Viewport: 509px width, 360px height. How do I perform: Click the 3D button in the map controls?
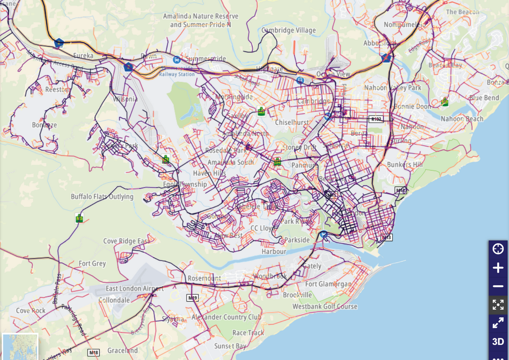498,341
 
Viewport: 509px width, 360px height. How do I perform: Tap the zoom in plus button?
498,268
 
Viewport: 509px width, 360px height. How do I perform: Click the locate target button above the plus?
498,249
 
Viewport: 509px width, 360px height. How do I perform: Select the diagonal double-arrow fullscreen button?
498,323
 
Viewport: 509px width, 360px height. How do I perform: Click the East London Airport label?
134,289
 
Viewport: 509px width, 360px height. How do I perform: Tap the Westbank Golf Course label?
325,306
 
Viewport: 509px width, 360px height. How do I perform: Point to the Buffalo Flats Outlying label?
102,197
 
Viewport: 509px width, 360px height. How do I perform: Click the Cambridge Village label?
288,30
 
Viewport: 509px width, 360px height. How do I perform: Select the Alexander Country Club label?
225,317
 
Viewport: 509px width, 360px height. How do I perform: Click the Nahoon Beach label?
462,119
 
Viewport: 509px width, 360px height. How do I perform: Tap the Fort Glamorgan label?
328,284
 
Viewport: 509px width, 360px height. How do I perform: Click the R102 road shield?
376,119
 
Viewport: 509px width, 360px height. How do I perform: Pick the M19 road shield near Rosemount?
193,298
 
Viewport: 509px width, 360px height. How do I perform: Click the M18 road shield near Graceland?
93,352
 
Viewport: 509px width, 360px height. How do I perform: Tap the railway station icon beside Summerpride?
176,59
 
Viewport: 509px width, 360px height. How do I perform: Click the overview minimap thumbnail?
20,346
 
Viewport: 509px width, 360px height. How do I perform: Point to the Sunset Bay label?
230,346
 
